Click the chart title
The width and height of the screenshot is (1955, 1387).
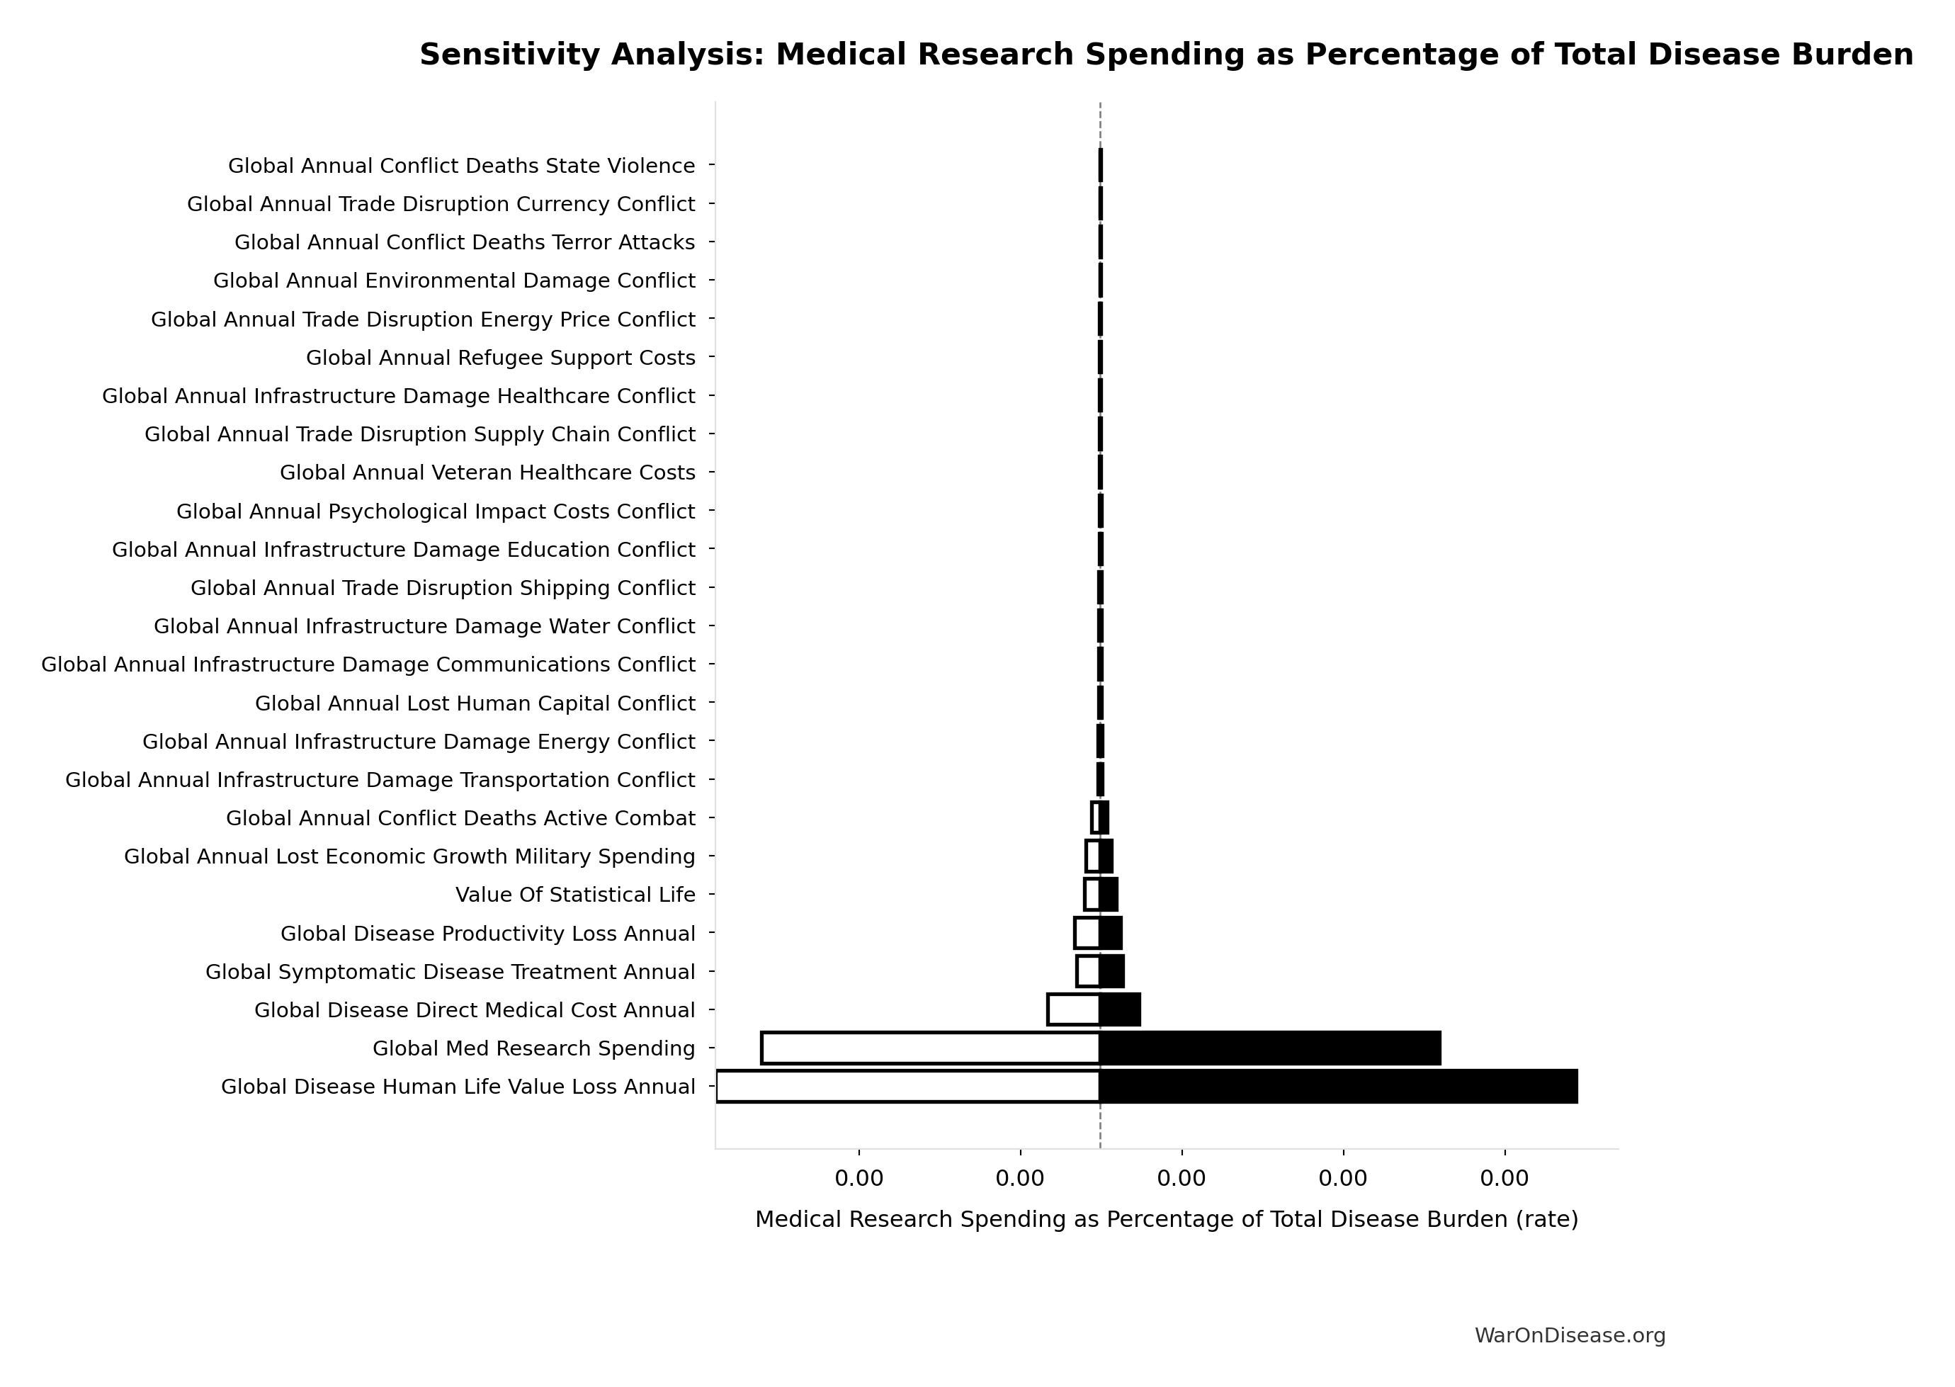tap(1166, 55)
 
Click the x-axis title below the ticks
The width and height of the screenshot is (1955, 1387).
tap(1166, 1220)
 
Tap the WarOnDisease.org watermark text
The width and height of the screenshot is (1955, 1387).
tap(1569, 1336)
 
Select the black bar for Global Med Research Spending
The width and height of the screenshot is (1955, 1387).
tap(1269, 1048)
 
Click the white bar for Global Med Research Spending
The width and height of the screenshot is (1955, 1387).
tap(930, 1048)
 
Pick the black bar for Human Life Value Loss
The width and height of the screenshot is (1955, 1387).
tap(1337, 1087)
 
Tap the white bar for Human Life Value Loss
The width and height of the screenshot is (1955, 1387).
tap(908, 1087)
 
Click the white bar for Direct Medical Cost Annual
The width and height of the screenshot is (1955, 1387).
tap(1074, 1009)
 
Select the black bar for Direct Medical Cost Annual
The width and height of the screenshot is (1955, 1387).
tap(1120, 1009)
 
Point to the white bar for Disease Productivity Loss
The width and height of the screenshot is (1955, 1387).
tap(1087, 933)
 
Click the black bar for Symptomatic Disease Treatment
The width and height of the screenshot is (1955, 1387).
tap(1112, 971)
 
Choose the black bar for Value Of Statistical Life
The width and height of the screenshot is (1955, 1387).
tap(1109, 894)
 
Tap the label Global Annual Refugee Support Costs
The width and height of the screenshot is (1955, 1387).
tap(501, 358)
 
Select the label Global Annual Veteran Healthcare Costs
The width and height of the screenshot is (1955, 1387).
tap(487, 472)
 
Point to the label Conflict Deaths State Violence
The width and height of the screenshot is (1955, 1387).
tap(461, 166)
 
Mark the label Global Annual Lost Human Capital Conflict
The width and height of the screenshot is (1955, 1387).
tap(475, 703)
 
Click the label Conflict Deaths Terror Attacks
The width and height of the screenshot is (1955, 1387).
tap(465, 242)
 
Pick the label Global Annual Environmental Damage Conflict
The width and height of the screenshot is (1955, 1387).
tap(454, 281)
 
